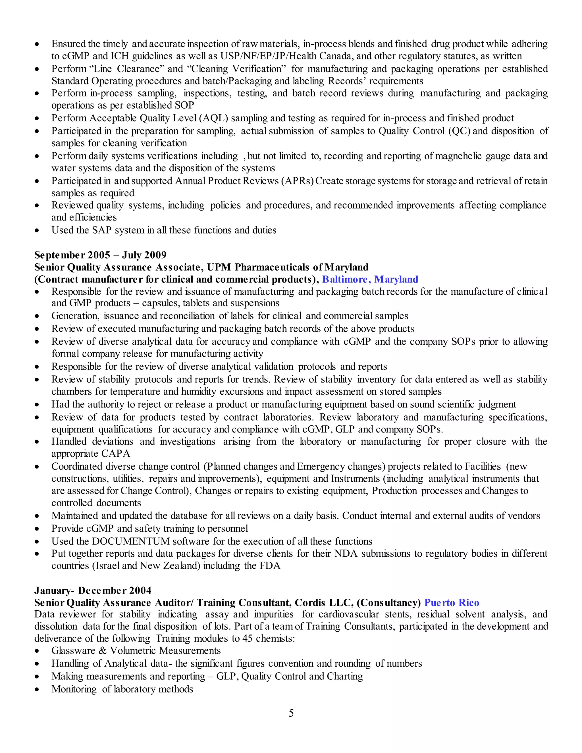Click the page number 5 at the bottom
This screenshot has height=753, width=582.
(x=291, y=713)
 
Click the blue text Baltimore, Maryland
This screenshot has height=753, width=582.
(x=370, y=279)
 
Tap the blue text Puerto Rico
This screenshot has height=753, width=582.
(x=452, y=603)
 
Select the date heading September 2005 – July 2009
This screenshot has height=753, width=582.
(x=100, y=255)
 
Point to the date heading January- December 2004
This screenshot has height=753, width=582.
(x=93, y=591)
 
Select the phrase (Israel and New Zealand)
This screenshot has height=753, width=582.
(x=146, y=566)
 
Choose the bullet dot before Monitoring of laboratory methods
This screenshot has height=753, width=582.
(x=37, y=690)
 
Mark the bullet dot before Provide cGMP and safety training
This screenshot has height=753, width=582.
(x=37, y=529)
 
